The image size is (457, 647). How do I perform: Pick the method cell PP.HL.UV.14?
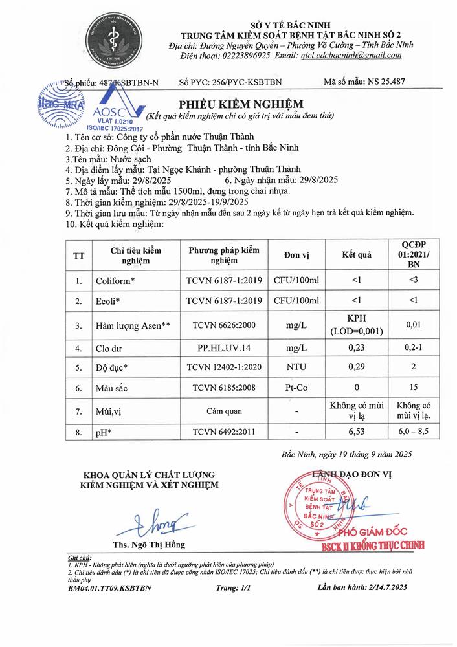[x=224, y=348]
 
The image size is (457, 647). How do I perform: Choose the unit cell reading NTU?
[x=296, y=367]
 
